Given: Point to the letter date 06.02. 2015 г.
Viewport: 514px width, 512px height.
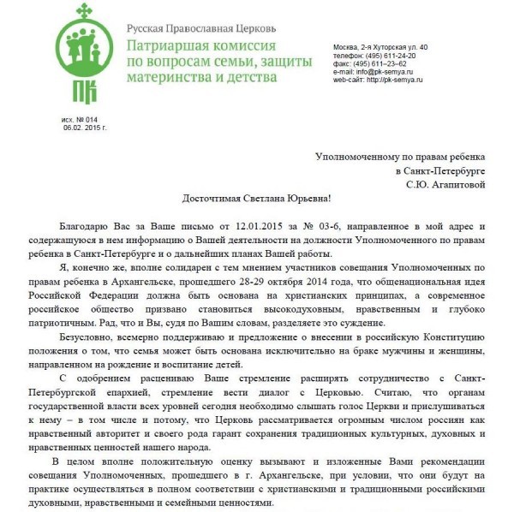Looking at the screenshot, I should (82, 128).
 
